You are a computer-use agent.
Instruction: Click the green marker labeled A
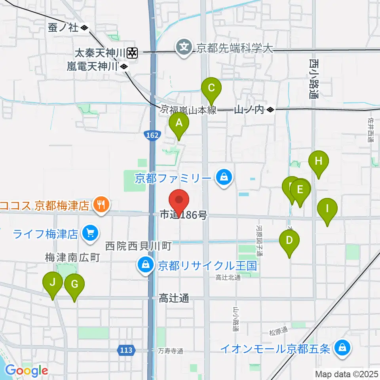click(x=179, y=123)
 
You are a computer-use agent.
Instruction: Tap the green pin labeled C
click(x=211, y=87)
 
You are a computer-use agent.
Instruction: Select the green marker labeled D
click(x=289, y=240)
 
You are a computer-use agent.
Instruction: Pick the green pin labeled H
click(x=319, y=161)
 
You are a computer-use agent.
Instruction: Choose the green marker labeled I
click(x=327, y=209)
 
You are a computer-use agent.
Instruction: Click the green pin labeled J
click(x=53, y=283)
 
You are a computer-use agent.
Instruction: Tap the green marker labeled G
click(x=74, y=284)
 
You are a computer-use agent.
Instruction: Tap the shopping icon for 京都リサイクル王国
click(x=145, y=265)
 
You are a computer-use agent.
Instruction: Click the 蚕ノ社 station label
click(x=68, y=28)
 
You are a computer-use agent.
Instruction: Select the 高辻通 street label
click(x=174, y=298)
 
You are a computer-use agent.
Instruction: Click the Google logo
click(x=27, y=370)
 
